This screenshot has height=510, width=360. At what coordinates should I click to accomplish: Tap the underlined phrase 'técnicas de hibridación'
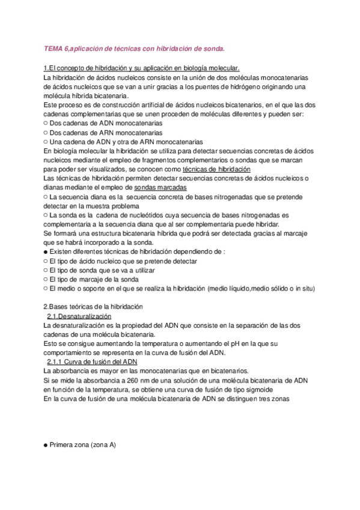tap(216, 170)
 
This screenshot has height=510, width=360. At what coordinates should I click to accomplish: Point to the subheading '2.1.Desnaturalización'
tap(79, 316)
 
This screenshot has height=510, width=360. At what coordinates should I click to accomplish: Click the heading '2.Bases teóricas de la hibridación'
tap(94, 307)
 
